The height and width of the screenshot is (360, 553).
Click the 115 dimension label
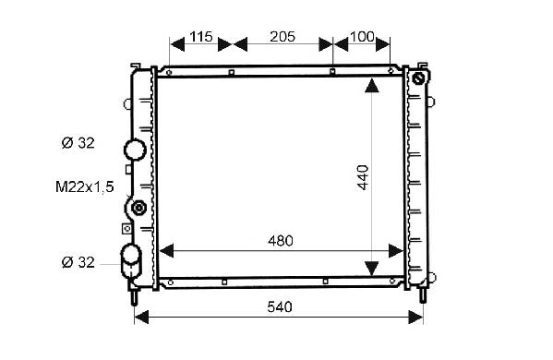coord(201,36)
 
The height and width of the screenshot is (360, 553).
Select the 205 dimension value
coord(283,36)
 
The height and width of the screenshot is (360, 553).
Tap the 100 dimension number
coord(362,36)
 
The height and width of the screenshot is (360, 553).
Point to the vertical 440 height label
coord(363,177)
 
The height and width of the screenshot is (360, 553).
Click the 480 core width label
coord(281,241)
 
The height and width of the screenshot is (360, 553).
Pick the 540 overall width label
coord(280,306)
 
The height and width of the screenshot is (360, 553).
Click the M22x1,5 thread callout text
coord(85,186)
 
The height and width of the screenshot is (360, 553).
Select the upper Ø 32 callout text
coord(78,143)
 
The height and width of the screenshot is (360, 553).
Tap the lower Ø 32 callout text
coord(78,262)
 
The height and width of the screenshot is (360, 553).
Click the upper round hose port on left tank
coord(135,150)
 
